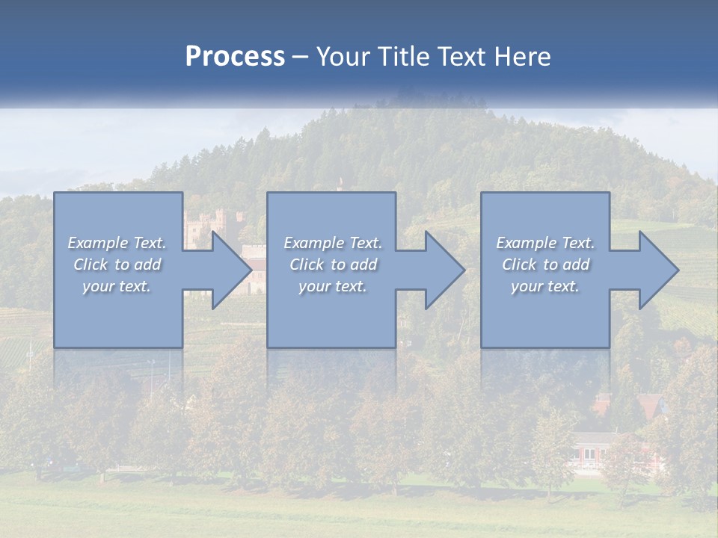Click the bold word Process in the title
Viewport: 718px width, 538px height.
[235, 57]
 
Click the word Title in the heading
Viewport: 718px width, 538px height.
[402, 57]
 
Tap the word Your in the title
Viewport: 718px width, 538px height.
[345, 57]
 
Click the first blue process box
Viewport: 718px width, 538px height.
[118, 314]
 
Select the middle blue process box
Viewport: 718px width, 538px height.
[331, 314]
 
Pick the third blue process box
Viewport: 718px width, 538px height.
[544, 314]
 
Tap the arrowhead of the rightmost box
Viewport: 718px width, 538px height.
[657, 270]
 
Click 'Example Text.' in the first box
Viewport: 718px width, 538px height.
[117, 243]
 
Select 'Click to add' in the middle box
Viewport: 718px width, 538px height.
[333, 265]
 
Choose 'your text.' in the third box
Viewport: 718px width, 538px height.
[545, 286]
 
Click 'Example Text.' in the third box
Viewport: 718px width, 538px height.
[545, 243]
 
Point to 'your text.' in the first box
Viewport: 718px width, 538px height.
[117, 286]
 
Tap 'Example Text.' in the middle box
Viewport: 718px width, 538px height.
[333, 243]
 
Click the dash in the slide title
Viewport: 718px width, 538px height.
[301, 58]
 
